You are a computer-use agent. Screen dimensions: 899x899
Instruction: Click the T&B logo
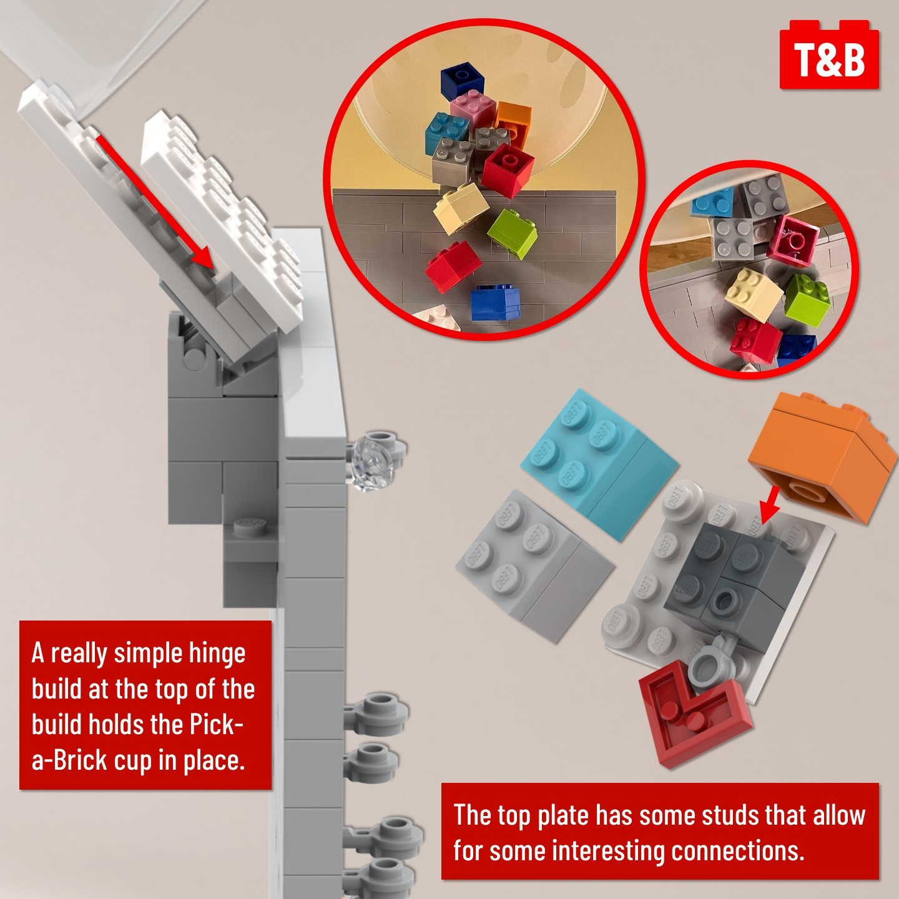pyautogui.click(x=829, y=55)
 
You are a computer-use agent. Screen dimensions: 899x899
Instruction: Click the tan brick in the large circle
pyautogui.click(x=461, y=208)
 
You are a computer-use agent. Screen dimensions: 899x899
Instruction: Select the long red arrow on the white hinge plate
pyautogui.click(x=155, y=203)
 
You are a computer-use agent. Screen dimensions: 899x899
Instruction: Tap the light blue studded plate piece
pyautogui.click(x=599, y=462)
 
